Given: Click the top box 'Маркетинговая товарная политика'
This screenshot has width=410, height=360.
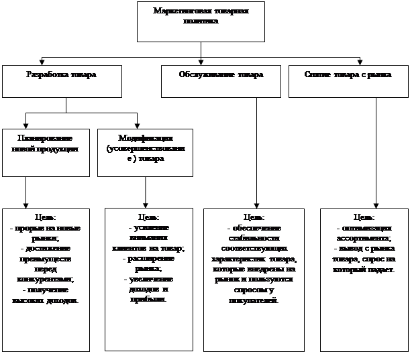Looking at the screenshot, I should coord(201,21).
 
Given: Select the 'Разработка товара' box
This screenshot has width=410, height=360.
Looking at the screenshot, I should coord(61,80).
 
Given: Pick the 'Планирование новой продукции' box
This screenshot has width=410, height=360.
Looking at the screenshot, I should coord(44,152).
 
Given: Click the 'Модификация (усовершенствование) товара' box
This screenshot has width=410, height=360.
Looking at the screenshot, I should coord(144,152).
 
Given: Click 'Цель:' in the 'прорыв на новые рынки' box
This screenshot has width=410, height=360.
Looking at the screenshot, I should coord(45,217).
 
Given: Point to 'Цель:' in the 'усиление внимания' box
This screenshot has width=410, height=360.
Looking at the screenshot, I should coord(148,217).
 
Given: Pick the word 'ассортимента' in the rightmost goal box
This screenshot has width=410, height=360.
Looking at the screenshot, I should coord(364,238).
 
